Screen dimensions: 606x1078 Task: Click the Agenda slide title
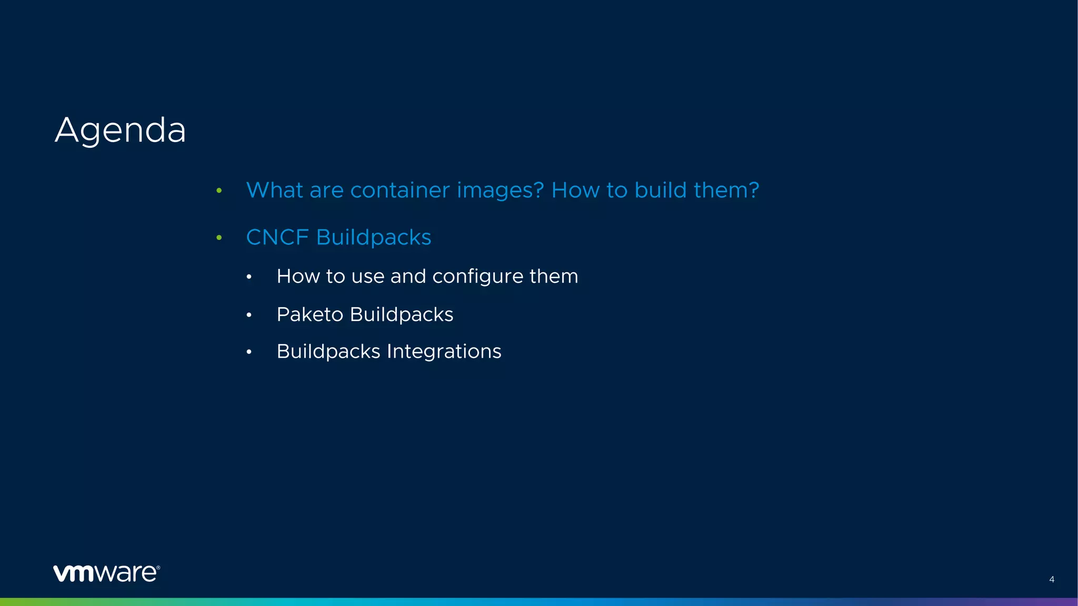[x=120, y=130]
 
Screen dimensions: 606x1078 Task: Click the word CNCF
[x=277, y=237]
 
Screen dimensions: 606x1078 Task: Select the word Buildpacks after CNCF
[x=373, y=237]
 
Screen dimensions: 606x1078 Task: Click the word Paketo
[x=310, y=315]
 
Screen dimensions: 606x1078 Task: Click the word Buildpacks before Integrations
[x=328, y=351]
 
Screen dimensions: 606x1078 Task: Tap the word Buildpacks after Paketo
[x=402, y=315]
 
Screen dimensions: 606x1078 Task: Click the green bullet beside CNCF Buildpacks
[x=219, y=238]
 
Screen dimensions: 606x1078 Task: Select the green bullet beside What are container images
[x=219, y=190]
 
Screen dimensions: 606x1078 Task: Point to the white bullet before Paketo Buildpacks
[x=249, y=315]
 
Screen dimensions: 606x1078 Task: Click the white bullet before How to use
[x=249, y=277]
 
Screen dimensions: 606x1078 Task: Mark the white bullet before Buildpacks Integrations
[x=249, y=352]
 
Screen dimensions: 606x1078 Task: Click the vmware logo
[x=106, y=573]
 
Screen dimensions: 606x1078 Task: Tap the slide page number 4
[x=1051, y=579]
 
